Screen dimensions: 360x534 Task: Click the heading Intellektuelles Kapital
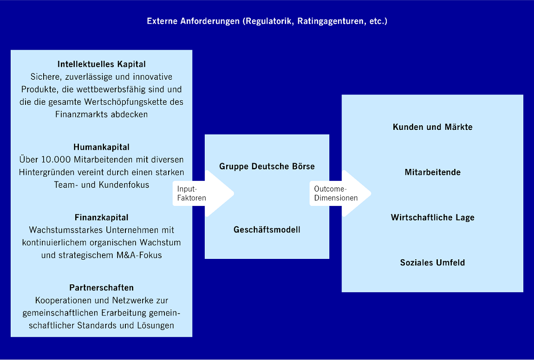pyautogui.click(x=101, y=64)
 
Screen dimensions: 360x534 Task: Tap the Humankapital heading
pyautogui.click(x=101, y=147)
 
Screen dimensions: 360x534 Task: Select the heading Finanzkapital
pyautogui.click(x=101, y=218)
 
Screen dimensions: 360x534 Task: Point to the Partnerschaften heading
pyautogui.click(x=101, y=288)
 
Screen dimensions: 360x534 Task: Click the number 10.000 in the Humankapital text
pyautogui.click(x=58, y=160)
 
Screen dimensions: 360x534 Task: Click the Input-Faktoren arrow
pyautogui.click(x=204, y=193)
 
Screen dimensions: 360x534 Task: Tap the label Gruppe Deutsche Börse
pyautogui.click(x=267, y=166)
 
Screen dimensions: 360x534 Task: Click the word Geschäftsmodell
pyautogui.click(x=267, y=230)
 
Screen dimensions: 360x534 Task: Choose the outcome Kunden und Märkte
pyautogui.click(x=432, y=127)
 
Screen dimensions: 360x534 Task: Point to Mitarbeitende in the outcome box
pyautogui.click(x=432, y=173)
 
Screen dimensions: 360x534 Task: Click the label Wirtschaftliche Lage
pyautogui.click(x=432, y=218)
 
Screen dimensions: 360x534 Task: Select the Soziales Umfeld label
pyautogui.click(x=432, y=263)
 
